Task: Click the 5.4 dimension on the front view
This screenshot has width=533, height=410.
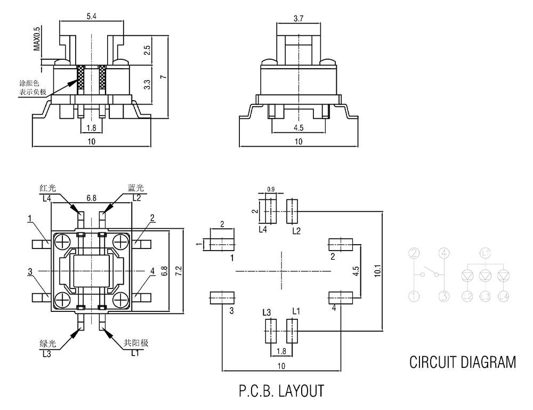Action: pos(92,17)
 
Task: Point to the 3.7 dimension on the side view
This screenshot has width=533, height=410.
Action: pos(299,19)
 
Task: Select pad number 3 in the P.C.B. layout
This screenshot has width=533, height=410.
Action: pos(222,298)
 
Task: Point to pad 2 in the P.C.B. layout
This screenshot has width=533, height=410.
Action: pos(340,245)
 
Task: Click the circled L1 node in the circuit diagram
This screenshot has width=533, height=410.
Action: pos(484,254)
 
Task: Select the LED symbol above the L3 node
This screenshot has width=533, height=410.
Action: pos(485,276)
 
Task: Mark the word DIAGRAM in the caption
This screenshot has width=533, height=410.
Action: pos(487,363)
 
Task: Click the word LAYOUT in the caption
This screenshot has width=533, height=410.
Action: pos(301,391)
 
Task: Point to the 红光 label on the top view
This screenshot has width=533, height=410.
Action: pos(48,188)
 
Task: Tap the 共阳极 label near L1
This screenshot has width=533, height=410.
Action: pos(135,343)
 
